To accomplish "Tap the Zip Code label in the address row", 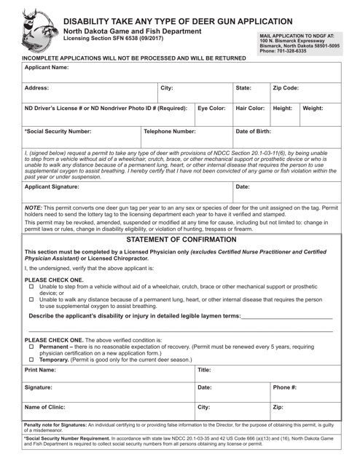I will [286, 87].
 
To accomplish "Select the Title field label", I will [205, 371].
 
